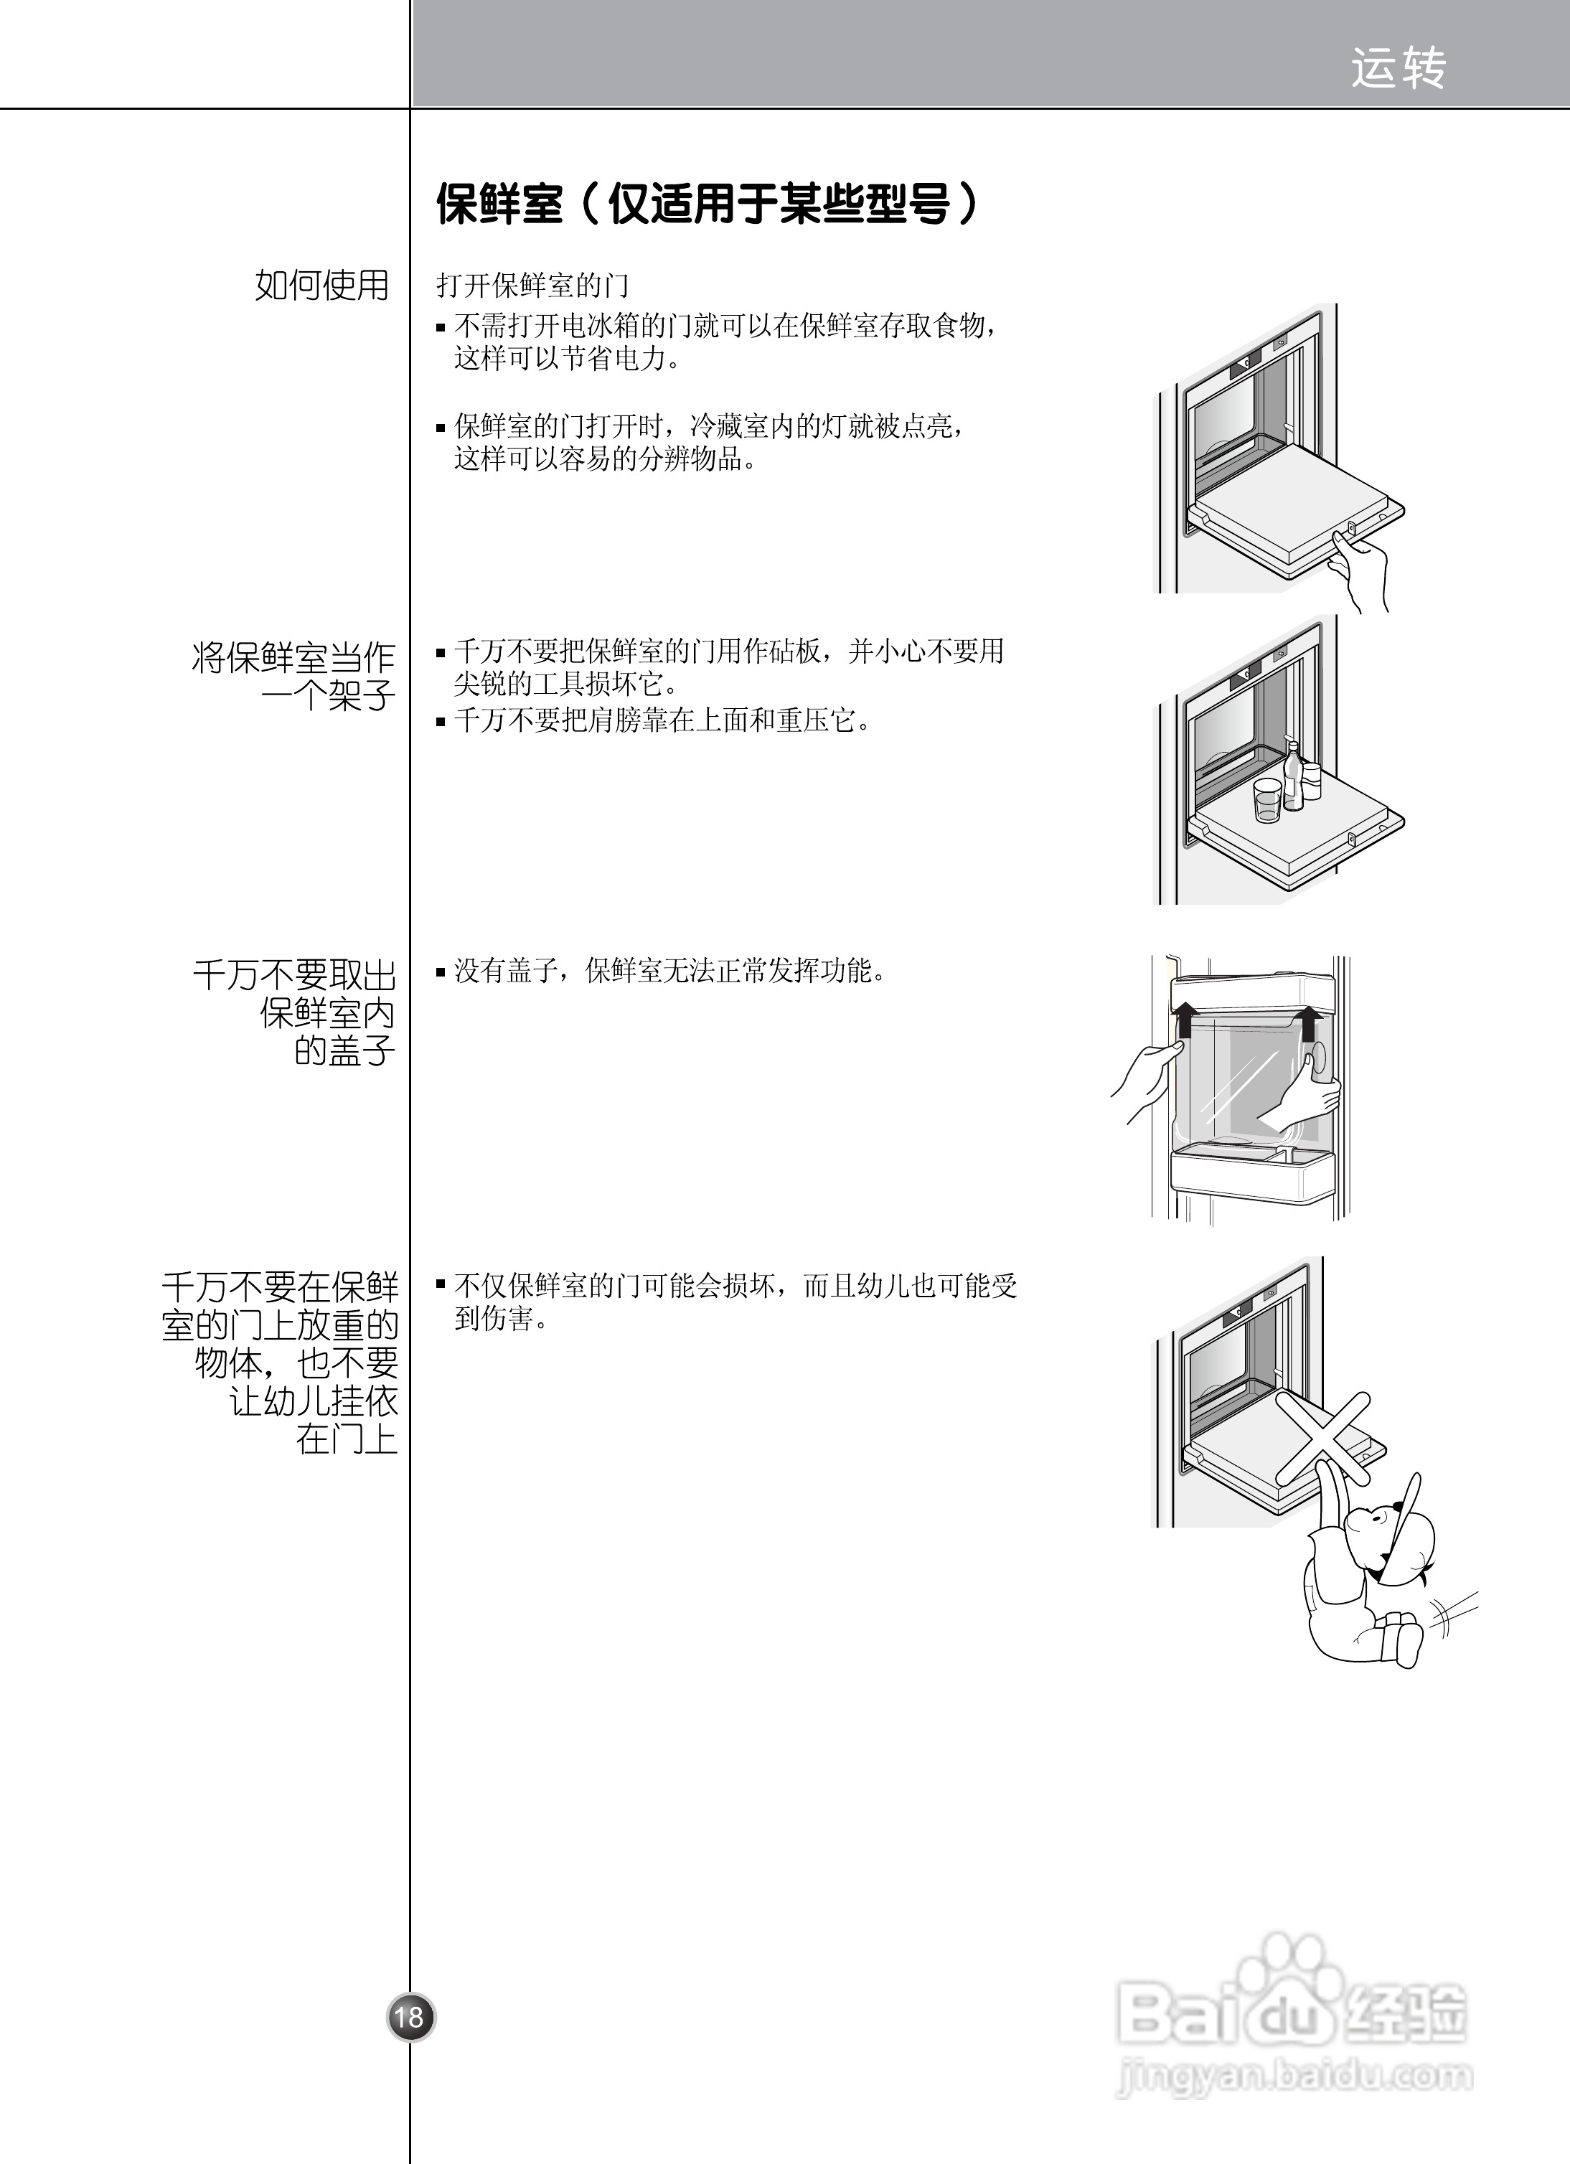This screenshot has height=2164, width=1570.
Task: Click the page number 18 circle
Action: pos(410,2016)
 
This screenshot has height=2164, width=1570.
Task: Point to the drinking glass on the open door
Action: pos(1267,799)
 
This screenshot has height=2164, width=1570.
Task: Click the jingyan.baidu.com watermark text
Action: pos(1293,2075)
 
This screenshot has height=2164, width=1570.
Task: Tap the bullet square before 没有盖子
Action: pos(441,973)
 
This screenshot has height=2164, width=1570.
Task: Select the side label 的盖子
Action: pos(344,1050)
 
